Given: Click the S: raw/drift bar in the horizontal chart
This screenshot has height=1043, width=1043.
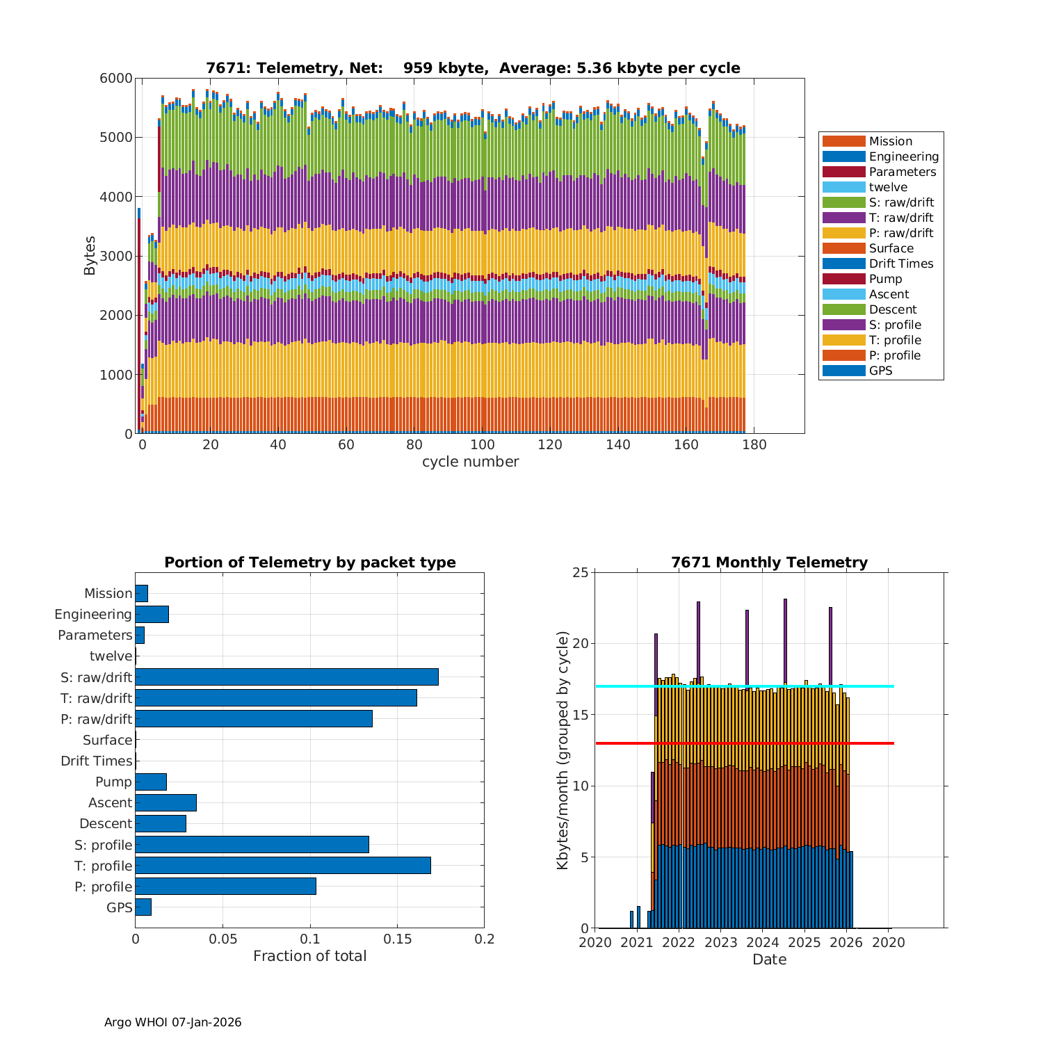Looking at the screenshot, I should click(x=286, y=677).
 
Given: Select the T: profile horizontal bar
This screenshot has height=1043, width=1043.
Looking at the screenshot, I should click(x=283, y=865).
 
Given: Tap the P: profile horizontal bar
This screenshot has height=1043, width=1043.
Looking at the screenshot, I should click(x=225, y=886).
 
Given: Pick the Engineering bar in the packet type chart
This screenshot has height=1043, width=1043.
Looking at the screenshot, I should click(x=152, y=614).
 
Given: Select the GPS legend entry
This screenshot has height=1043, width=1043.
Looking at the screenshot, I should click(x=880, y=371).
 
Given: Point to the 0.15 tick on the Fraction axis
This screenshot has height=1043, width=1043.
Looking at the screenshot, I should click(x=397, y=939).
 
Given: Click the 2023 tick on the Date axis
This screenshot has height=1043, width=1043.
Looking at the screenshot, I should click(x=721, y=942).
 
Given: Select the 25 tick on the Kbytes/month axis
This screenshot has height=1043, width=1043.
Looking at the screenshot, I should click(x=580, y=573).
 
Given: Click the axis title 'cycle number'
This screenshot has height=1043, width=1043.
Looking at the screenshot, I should click(x=470, y=462).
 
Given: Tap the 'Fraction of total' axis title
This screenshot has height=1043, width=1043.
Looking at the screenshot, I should click(x=309, y=956).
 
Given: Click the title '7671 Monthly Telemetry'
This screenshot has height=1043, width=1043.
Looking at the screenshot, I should click(x=769, y=563).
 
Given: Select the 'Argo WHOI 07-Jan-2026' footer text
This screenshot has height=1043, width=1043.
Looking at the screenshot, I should click(x=172, y=1022).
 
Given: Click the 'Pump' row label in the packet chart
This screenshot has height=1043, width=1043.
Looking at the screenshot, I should click(x=113, y=782).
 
